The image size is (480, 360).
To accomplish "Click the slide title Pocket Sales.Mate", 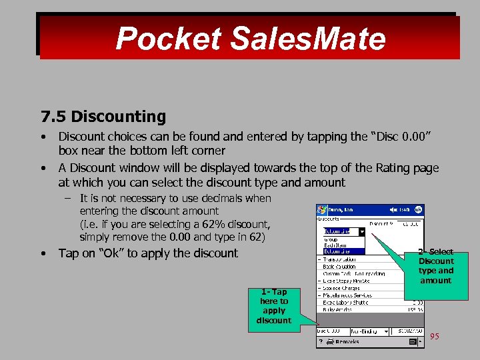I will pyautogui.click(x=250, y=39).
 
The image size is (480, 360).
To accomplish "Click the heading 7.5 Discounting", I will pyautogui.click(x=103, y=117).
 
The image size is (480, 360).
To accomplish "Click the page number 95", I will pyautogui.click(x=435, y=336).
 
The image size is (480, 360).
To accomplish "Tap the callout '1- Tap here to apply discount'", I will pyautogui.click(x=273, y=306).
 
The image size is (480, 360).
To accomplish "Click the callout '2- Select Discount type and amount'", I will pyautogui.click(x=436, y=267).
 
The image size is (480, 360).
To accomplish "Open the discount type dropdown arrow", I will pyautogui.click(x=361, y=231).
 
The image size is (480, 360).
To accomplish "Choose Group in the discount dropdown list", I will pyautogui.click(x=332, y=239).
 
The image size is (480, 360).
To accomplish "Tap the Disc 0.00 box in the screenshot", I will pyautogui.click(x=329, y=330).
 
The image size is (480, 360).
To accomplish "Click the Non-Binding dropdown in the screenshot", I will pyautogui.click(x=366, y=330).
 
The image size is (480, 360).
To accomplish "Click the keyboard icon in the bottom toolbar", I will pyautogui.click(x=413, y=341).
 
